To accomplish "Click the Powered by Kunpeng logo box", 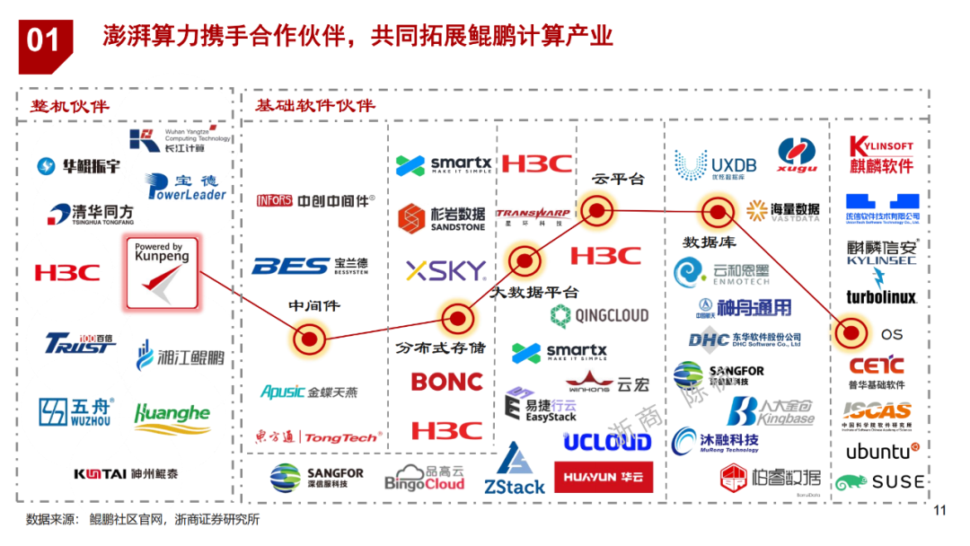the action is point(162,272).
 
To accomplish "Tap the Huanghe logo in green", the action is point(172,414).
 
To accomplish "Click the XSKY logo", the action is point(445,270).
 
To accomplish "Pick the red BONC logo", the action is point(447,382).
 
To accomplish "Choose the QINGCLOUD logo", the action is point(599,314).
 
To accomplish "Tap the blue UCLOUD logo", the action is point(607,441).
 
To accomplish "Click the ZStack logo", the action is point(515,471).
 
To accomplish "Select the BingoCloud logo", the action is point(425,479).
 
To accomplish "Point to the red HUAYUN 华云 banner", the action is point(604,477).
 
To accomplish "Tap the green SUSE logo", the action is point(879,482).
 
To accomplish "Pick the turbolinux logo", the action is point(880,297).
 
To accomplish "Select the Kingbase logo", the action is point(772,411).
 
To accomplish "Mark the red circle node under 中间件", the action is point(309,339).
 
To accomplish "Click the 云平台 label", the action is point(618,178).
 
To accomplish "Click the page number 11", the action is point(940,512).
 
